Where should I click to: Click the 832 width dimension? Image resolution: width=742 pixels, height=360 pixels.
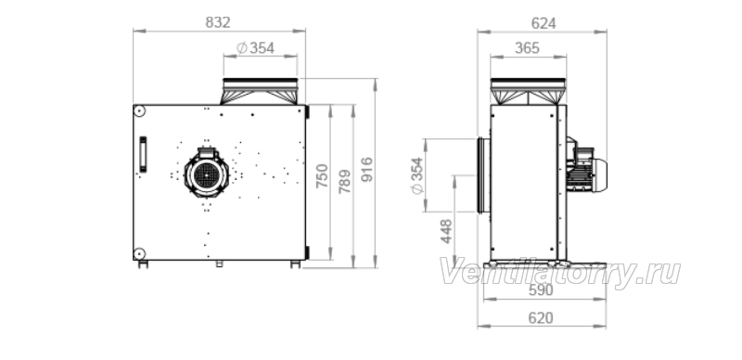(218, 22)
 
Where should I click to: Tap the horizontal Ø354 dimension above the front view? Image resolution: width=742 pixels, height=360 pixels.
(256, 48)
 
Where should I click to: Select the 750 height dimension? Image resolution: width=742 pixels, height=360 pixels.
(322, 175)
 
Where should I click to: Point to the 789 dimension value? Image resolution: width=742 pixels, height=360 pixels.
(345, 182)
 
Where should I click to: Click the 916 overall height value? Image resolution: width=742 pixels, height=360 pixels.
(366, 170)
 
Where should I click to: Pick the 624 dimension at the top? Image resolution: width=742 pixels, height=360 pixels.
(544, 23)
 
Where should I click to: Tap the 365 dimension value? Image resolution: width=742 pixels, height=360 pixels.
(527, 48)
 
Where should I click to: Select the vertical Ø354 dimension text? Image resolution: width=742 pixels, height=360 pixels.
(417, 175)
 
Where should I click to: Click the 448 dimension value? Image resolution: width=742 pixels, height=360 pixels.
(446, 232)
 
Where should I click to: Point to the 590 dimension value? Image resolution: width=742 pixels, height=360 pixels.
(541, 290)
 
